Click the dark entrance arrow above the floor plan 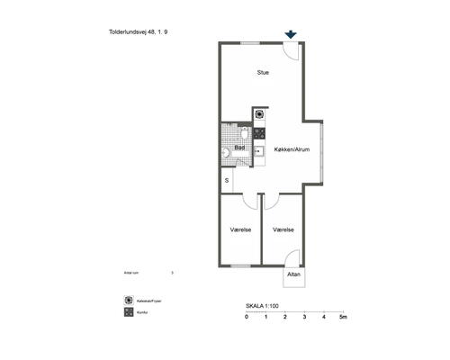[x=290, y=34]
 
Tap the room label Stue [x=263, y=73]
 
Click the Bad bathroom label [x=240, y=148]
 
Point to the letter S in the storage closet [x=227, y=181]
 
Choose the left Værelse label [x=240, y=230]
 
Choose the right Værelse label [x=283, y=230]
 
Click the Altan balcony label [x=293, y=274]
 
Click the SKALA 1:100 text [x=263, y=307]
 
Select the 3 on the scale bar [x=305, y=319]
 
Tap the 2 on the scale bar [x=285, y=319]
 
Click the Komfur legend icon [x=129, y=312]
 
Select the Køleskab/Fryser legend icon [x=129, y=300]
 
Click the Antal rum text [x=134, y=271]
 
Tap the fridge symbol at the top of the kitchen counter [x=259, y=114]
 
